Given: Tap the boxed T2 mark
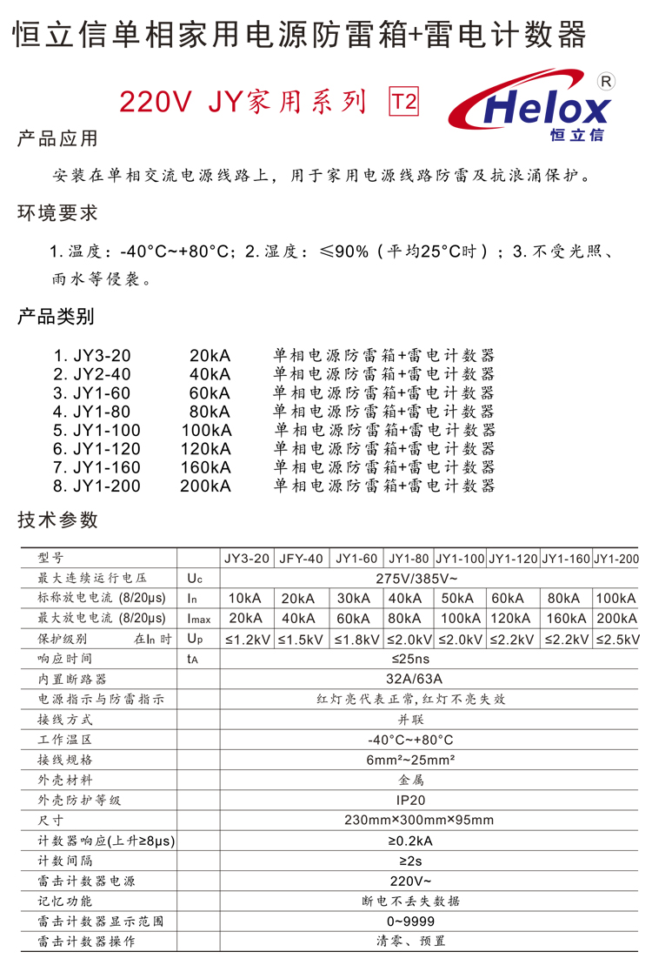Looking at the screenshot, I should [402, 103].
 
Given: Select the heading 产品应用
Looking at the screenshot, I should [58, 138].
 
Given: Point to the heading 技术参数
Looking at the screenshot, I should [58, 520].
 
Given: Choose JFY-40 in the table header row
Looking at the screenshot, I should [301, 559].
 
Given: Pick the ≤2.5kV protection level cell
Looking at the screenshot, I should [615, 639].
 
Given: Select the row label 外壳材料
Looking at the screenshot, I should [65, 780].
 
